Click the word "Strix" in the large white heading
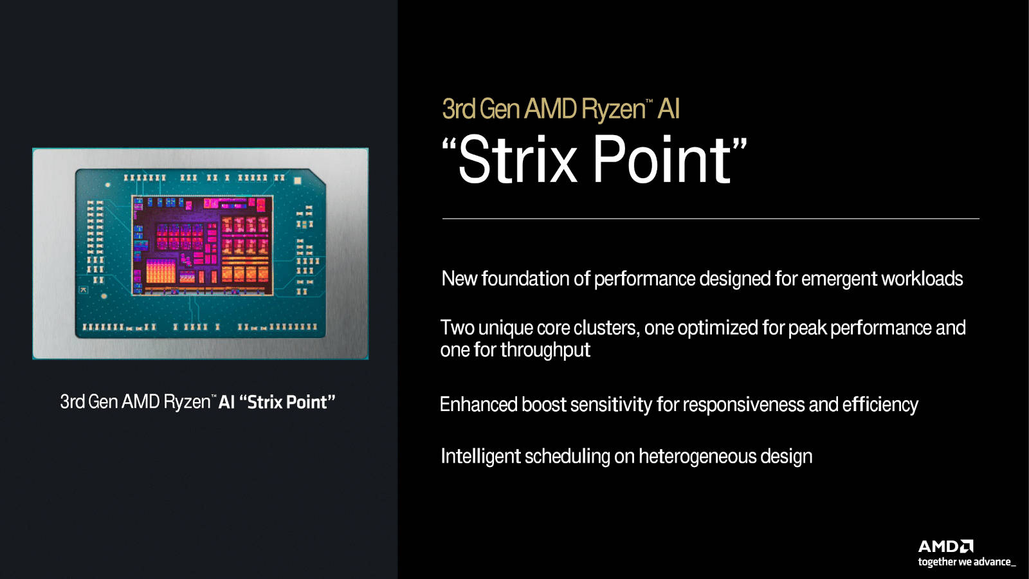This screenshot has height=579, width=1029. pos(517,160)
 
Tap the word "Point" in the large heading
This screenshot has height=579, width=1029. pos(662,160)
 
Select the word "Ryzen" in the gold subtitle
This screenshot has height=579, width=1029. pos(613,110)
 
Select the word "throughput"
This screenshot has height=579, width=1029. pos(545,350)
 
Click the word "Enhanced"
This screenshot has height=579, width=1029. pos(478,405)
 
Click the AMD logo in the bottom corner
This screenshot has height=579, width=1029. pos(945,546)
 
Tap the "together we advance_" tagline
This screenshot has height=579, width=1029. pos(967,562)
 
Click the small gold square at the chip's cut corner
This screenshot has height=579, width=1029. pos(297,181)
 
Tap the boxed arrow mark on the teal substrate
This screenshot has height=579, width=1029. pos(84,290)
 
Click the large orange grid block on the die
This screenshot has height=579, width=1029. pos(161,271)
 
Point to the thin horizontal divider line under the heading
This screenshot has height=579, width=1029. pos(711,219)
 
